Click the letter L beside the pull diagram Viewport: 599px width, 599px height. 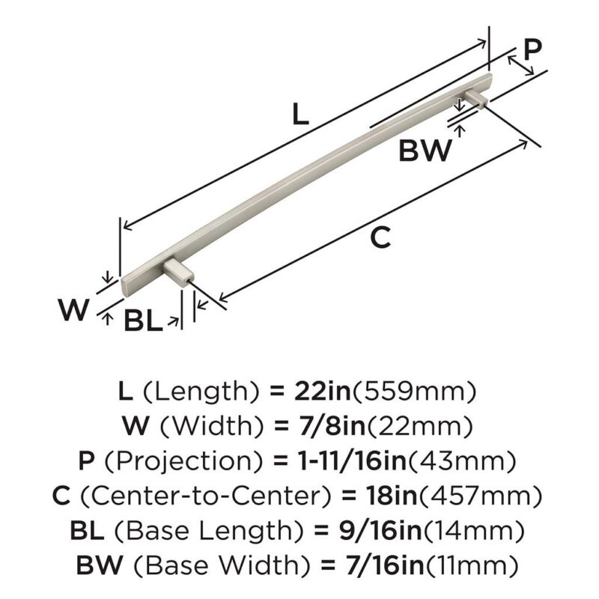coord(300,115)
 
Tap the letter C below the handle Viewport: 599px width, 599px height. coord(381,237)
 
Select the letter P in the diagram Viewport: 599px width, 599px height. coord(532,49)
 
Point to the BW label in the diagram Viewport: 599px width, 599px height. coord(425,150)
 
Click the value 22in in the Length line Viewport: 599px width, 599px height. coord(323,392)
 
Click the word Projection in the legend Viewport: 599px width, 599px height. coord(183,461)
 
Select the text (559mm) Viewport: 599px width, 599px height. coord(414,392)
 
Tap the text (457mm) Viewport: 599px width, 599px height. coord(481,496)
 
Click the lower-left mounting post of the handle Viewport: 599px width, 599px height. coord(177,271)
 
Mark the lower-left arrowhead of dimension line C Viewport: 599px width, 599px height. coord(222,297)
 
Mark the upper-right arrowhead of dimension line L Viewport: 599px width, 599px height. coord(482,43)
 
